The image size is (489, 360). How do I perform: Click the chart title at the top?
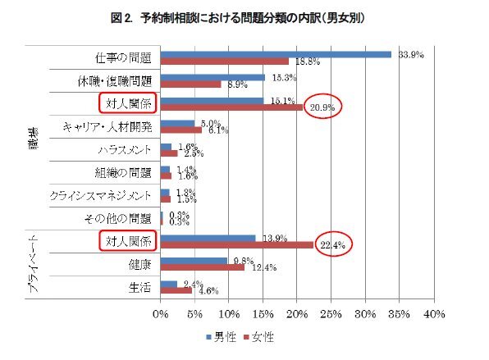click(244, 17)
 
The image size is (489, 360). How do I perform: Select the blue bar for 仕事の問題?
click(276, 54)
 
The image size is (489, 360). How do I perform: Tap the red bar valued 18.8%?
click(225, 62)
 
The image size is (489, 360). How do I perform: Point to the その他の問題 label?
click(117, 218)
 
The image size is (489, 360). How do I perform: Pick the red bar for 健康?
click(203, 267)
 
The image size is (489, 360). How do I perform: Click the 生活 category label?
click(139, 287)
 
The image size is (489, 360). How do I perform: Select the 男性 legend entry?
click(222, 337)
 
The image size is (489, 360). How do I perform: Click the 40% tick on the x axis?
click(434, 313)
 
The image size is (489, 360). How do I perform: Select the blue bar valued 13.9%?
click(208, 238)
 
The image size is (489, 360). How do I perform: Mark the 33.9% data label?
click(409, 55)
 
